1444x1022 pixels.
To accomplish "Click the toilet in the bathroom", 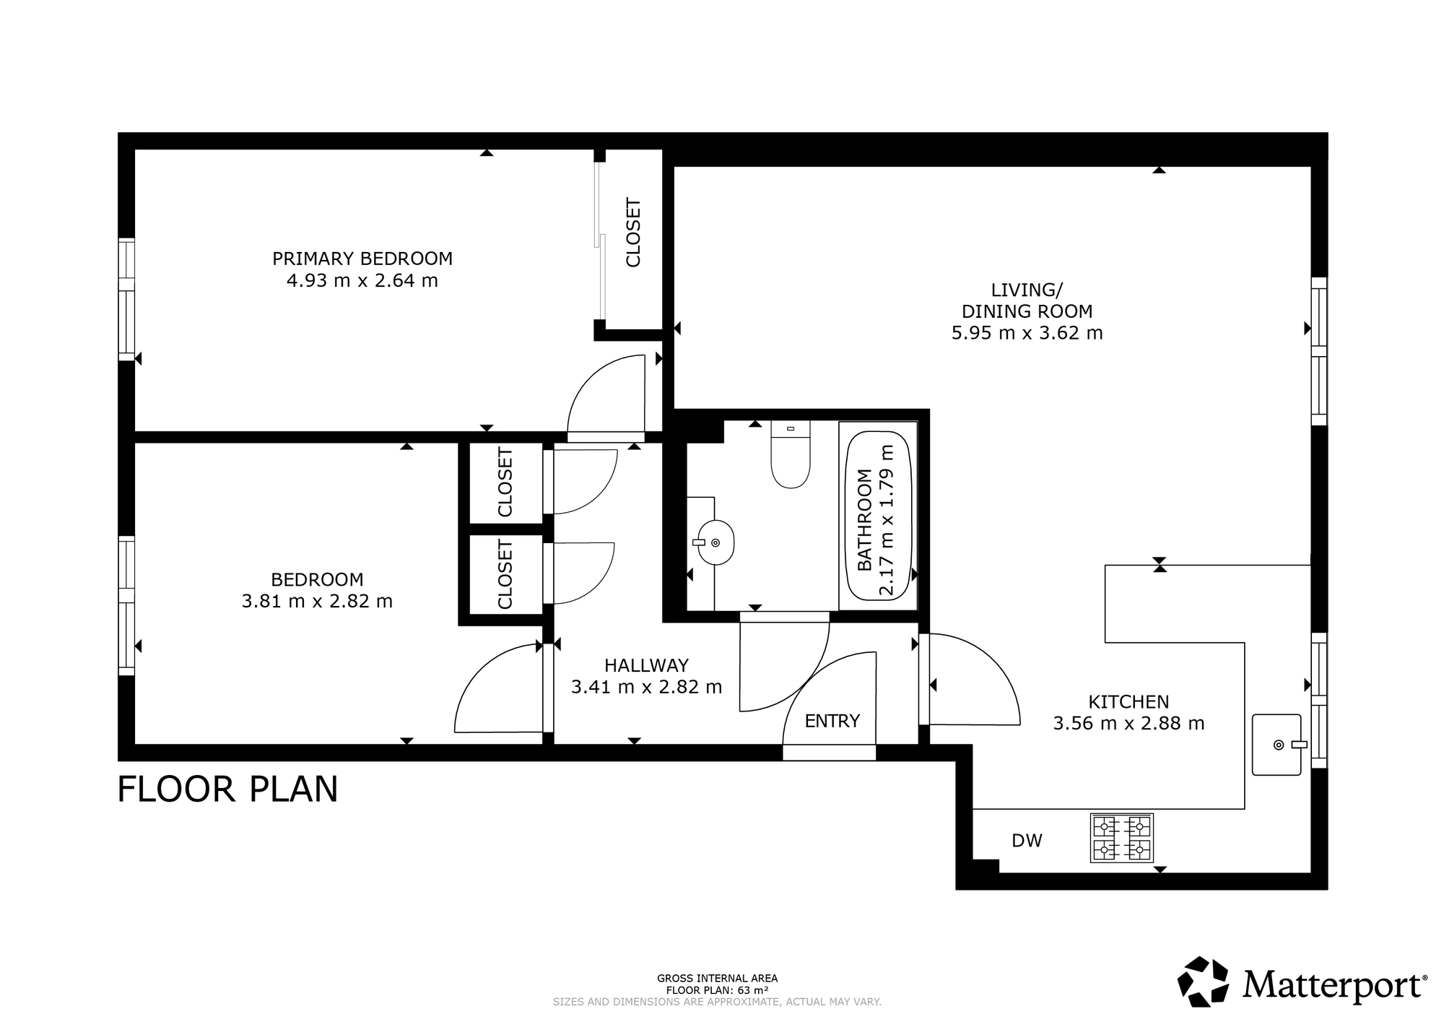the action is [x=791, y=455].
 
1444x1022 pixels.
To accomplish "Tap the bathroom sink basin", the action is [x=716, y=542].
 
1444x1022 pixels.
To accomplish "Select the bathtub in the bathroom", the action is [x=878, y=516].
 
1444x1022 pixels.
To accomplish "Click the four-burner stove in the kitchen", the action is [x=1121, y=838].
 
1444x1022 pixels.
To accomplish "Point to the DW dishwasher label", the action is [x=1027, y=840].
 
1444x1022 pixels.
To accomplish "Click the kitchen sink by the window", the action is [x=1276, y=745].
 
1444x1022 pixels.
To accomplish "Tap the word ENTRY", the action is [x=832, y=721].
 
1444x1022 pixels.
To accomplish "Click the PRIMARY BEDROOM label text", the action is [x=362, y=258].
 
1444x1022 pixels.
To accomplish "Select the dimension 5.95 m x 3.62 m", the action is [x=1027, y=333].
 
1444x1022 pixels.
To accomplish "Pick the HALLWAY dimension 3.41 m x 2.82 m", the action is [x=646, y=687].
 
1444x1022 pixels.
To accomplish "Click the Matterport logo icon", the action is [x=1204, y=982].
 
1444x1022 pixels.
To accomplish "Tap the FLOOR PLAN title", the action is [x=227, y=789].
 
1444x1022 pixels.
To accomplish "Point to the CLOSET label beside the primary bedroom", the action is [x=633, y=233].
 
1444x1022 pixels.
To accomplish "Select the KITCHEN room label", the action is [x=1128, y=701].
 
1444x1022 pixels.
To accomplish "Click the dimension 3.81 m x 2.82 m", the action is [x=317, y=601].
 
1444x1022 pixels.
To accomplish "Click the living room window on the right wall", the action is [x=1319, y=352].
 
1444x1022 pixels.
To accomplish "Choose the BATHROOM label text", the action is [x=865, y=520].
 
